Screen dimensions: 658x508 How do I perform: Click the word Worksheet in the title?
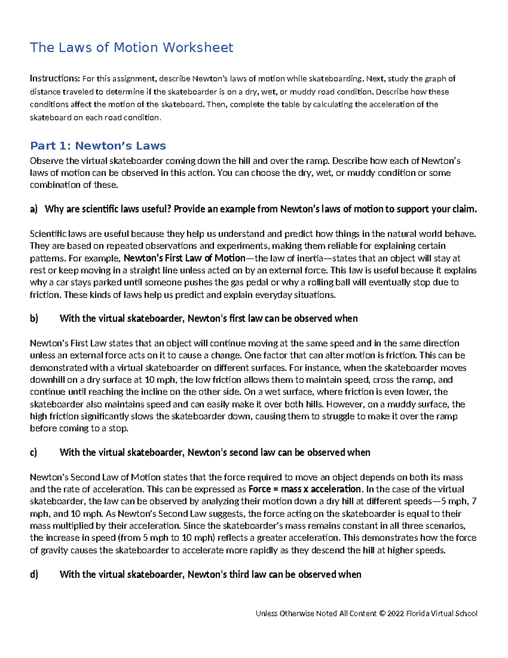[x=198, y=47]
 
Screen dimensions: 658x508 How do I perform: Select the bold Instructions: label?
[x=55, y=78]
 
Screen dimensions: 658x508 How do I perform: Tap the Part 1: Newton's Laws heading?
[x=98, y=146]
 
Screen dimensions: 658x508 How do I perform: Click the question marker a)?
[x=34, y=209]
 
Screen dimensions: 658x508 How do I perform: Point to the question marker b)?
[x=34, y=319]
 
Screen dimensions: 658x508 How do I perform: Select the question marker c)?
[x=33, y=453]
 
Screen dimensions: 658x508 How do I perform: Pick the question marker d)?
[x=34, y=575]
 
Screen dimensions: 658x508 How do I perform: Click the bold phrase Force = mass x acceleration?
[x=304, y=489]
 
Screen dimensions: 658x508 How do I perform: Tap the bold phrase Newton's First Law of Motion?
[x=184, y=258]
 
